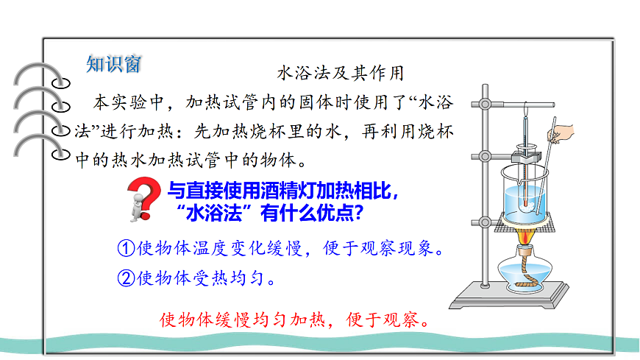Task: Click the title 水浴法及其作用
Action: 340,73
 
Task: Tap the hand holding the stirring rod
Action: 563,133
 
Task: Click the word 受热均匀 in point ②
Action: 213,278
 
